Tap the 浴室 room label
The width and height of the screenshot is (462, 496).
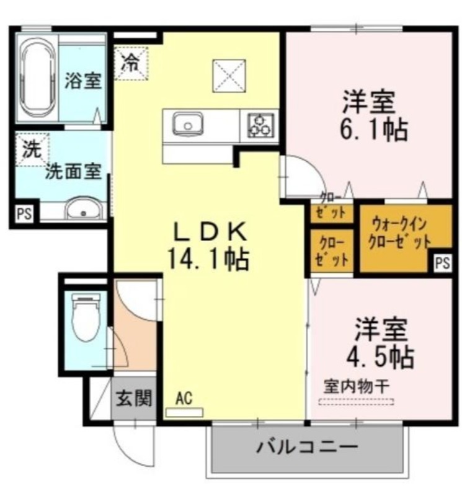83,81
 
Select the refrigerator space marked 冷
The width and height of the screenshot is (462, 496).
131,63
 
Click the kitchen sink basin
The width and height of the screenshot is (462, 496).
188,124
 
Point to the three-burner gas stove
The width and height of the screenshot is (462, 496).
260,125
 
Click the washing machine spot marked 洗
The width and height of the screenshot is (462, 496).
32,149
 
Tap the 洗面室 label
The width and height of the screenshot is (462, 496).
73,172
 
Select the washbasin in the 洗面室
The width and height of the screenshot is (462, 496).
84,209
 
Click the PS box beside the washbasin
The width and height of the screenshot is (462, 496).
24,214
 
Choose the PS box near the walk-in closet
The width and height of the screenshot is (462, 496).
442,262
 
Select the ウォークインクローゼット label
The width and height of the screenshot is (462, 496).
399,234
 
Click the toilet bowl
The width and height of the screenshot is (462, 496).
85,317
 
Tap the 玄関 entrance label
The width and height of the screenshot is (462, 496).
134,398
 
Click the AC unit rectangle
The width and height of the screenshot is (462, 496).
184,412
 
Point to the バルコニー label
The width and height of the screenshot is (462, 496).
307,447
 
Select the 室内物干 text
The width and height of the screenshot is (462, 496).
356,386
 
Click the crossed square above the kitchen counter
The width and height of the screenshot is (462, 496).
229,76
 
